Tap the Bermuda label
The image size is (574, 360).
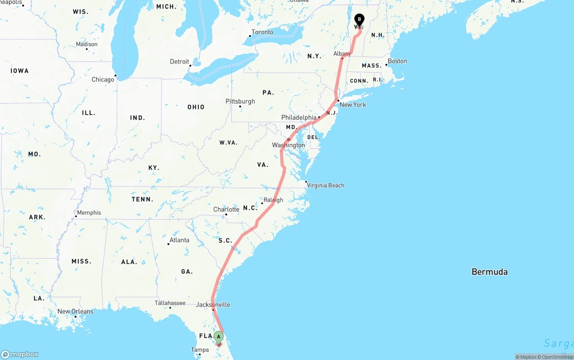489,272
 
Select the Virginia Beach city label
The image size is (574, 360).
326,185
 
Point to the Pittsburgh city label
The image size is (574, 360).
240,101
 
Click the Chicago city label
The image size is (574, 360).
103,79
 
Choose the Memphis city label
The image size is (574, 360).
89,213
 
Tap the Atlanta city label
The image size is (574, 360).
179,240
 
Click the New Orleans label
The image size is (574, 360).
75,311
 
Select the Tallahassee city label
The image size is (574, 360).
170,303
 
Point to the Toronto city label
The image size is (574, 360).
262,32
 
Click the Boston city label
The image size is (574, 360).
397,61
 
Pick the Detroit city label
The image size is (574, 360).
179,61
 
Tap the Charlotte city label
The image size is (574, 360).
226,209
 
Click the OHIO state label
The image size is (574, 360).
196,107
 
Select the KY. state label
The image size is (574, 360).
154,168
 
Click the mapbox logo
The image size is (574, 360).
20,354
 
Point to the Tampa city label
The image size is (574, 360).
200,350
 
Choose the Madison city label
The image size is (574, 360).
87,44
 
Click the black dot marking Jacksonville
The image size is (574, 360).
213,309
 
